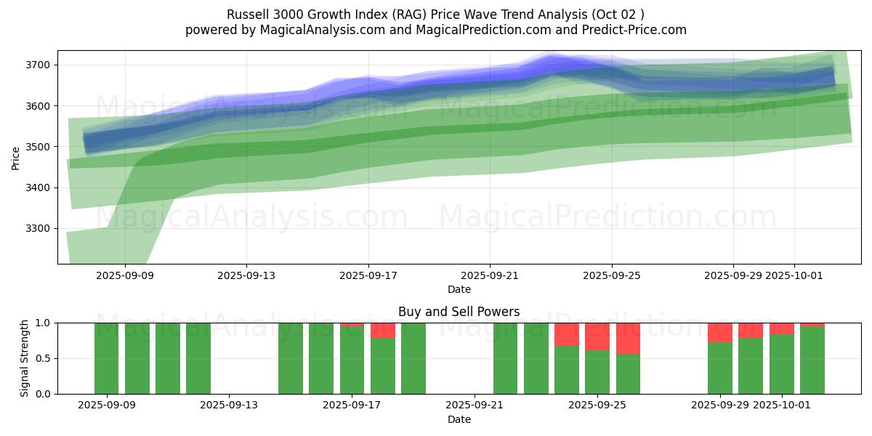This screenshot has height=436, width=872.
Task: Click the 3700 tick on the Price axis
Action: coord(42,65)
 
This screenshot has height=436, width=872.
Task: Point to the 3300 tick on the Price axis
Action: coord(42,229)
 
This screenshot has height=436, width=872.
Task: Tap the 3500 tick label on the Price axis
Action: coord(42,147)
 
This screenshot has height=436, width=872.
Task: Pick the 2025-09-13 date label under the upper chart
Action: coord(246,275)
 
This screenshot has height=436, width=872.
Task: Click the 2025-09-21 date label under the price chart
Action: coord(489,275)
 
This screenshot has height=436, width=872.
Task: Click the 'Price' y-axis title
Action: coord(16,157)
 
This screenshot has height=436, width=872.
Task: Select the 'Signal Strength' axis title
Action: coord(24,358)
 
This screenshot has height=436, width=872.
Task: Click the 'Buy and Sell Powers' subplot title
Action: coord(459,312)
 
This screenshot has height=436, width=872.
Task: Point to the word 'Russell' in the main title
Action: coord(248,15)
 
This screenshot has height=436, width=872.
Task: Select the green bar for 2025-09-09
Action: coord(107,358)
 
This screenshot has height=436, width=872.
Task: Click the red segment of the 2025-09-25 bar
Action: coord(597,336)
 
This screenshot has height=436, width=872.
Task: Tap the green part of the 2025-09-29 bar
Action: coord(719,368)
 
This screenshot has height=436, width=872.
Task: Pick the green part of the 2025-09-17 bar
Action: coord(352,360)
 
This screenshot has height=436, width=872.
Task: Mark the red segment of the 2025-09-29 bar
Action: coord(719,332)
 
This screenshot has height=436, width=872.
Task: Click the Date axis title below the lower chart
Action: coord(459,419)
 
